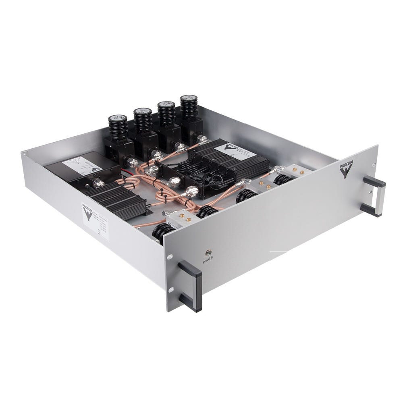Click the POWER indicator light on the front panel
209,253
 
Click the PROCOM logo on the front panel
346,168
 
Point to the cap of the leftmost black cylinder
118,119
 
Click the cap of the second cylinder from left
142,111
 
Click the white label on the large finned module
233,151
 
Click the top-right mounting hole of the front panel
374,164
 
